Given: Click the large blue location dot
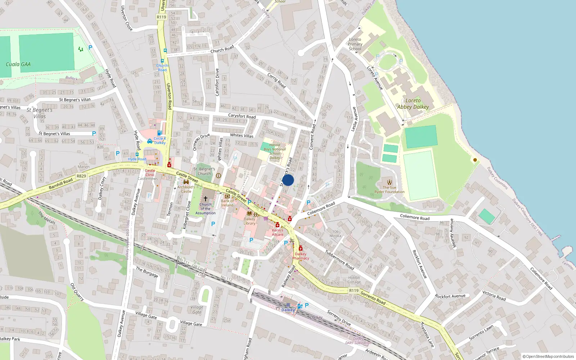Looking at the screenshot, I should coord(288,180).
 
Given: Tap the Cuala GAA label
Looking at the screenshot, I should coord(18,64).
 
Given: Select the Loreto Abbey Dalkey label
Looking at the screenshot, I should coord(413,104).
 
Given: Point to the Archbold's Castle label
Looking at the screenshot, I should coord(186,189).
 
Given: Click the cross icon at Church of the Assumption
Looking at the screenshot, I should coord(206,199).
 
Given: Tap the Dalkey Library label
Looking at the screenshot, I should coord(249,221).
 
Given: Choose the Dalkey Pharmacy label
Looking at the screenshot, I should coord(301,256).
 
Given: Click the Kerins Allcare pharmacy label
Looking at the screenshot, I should coord(278,232).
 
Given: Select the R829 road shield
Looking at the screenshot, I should coord(81,176).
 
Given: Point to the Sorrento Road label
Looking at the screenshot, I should coord(373,298).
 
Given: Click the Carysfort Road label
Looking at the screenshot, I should coord(242,116).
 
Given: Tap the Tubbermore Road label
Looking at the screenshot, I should coord(339,260).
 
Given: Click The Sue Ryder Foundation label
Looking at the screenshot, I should coord(390,190).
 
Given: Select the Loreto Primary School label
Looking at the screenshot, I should coord(355,44).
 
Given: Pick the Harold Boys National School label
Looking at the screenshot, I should coord(275,151).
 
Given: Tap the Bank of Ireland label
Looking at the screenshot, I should coord(227,203).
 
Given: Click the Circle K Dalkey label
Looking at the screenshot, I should coord(160,140).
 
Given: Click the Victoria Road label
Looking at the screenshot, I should coord(494,296).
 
